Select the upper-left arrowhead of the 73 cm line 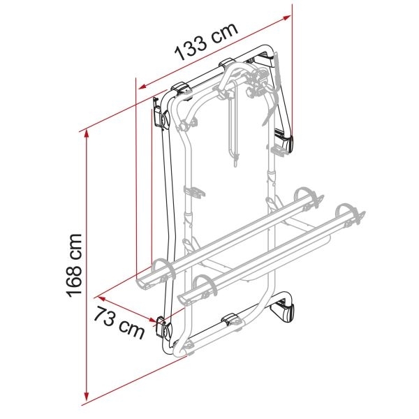point(98,294)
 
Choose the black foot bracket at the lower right point(287,311)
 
